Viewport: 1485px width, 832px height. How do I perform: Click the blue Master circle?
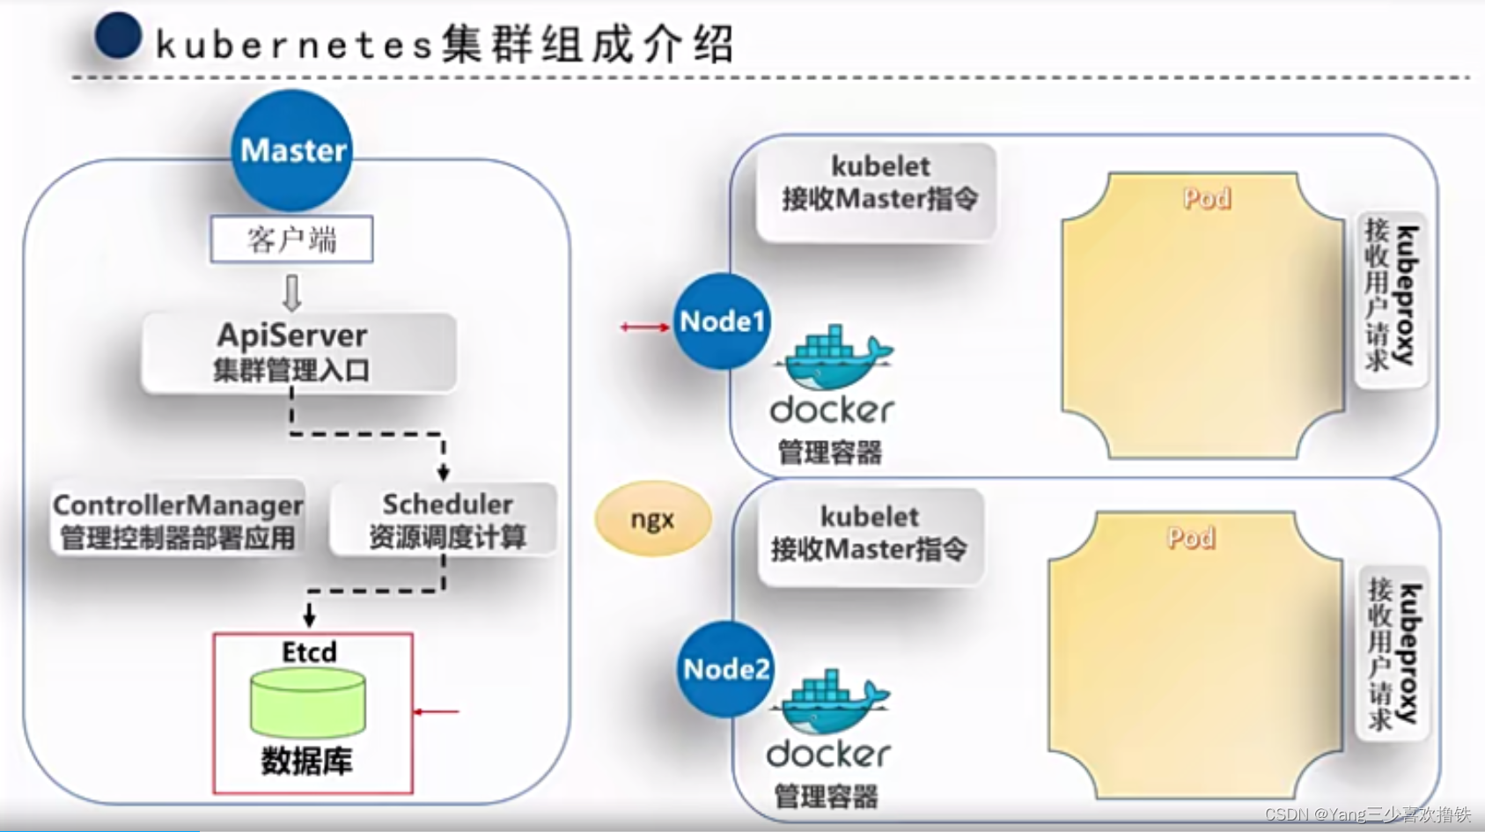292,151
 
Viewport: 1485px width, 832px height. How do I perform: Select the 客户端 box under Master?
291,239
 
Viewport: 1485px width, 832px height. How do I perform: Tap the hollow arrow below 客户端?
291,292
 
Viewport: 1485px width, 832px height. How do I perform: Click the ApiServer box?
298,352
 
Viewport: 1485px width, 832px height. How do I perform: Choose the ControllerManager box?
178,519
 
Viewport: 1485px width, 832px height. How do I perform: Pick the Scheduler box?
445,519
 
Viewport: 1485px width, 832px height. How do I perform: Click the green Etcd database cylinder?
307,703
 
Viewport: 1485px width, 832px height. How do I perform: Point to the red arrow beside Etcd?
437,711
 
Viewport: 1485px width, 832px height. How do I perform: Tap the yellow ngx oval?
652,519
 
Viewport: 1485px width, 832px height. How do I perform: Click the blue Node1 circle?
722,321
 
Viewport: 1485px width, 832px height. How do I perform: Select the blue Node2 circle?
726,669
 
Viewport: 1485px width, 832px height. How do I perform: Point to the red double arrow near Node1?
644,328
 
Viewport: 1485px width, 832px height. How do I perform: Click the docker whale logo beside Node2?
830,703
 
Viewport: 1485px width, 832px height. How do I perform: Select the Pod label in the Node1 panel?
1206,199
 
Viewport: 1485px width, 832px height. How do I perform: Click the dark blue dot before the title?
119,36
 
